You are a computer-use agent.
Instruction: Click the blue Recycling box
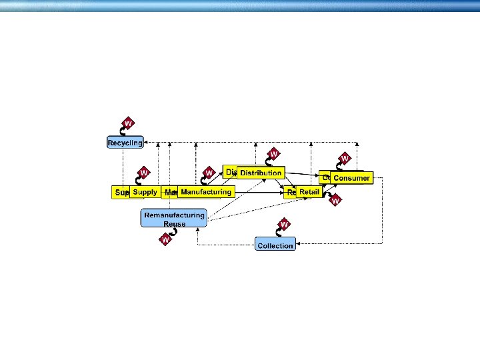tap(125, 143)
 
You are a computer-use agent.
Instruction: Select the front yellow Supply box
tap(145, 192)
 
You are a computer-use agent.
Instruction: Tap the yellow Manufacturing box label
tap(206, 192)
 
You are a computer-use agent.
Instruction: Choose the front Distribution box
tap(261, 173)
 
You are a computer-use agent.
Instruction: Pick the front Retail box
tap(309, 192)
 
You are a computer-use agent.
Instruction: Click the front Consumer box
tap(351, 178)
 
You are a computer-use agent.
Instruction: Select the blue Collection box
tap(275, 245)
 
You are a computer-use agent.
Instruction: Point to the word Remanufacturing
tap(174, 215)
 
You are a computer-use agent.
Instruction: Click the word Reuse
tap(174, 224)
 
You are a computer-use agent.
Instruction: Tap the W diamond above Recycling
tap(128, 124)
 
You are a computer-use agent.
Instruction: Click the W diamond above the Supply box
tap(143, 173)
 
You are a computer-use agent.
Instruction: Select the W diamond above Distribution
tap(273, 154)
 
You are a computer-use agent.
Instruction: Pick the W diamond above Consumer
tap(345, 159)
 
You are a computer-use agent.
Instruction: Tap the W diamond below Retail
tap(335, 199)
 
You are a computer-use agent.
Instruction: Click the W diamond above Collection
tap(284, 225)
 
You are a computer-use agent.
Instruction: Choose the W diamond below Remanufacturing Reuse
tap(165, 239)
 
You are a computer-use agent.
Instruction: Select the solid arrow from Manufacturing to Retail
tap(260, 192)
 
